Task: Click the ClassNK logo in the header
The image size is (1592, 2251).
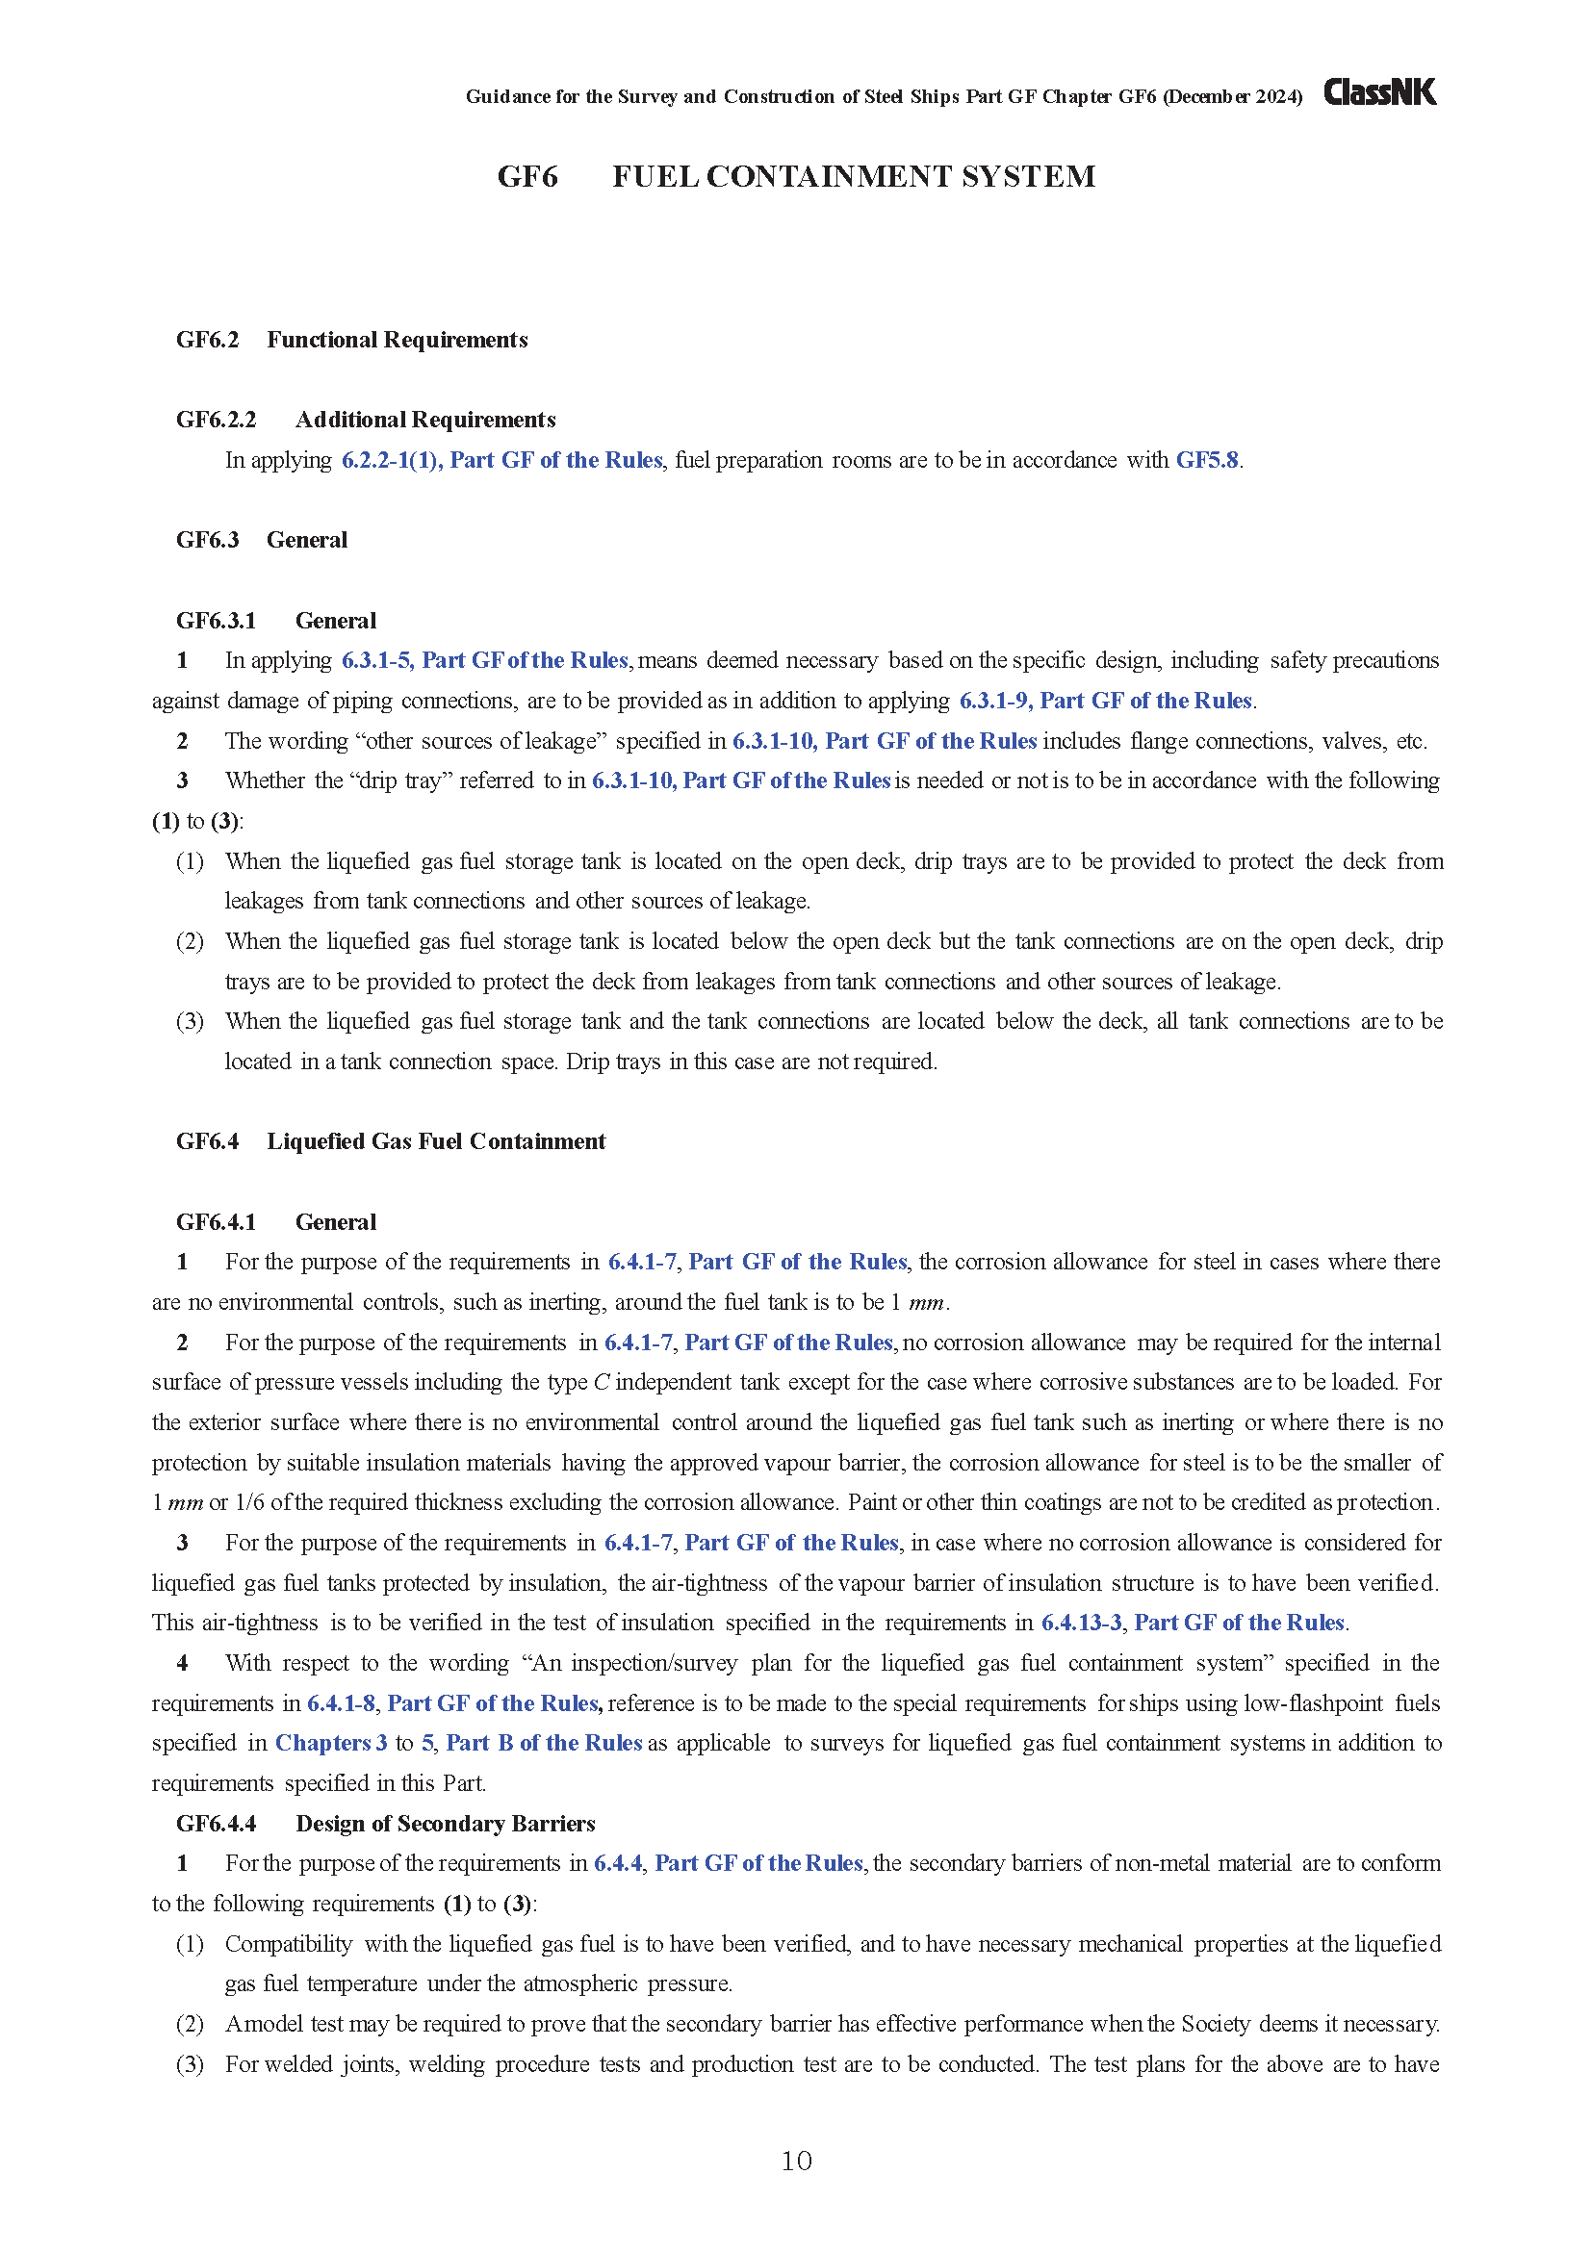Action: pyautogui.click(x=1379, y=92)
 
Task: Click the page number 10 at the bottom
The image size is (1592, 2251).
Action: pyautogui.click(x=796, y=2161)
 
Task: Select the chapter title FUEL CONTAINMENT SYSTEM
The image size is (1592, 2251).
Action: pyautogui.click(x=853, y=176)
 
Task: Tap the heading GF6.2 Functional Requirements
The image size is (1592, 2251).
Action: pyautogui.click(x=352, y=339)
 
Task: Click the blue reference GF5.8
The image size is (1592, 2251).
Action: pyautogui.click(x=1207, y=460)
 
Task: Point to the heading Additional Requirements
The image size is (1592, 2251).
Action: pyautogui.click(x=425, y=420)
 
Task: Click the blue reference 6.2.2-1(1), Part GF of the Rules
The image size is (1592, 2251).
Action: pyautogui.click(x=501, y=460)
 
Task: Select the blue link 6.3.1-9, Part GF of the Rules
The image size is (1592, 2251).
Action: pyautogui.click(x=1106, y=700)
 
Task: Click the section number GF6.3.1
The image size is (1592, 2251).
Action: pyautogui.click(x=216, y=621)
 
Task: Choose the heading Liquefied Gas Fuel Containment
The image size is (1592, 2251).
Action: pyautogui.click(x=436, y=1141)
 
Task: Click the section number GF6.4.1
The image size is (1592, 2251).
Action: pyautogui.click(x=216, y=1221)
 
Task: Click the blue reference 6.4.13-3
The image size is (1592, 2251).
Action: pyautogui.click(x=1081, y=1623)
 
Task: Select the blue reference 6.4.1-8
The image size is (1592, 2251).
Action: pyautogui.click(x=341, y=1703)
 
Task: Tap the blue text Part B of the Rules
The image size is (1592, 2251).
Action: pyautogui.click(x=543, y=1742)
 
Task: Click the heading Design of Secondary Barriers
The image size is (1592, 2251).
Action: pyautogui.click(x=445, y=1823)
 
